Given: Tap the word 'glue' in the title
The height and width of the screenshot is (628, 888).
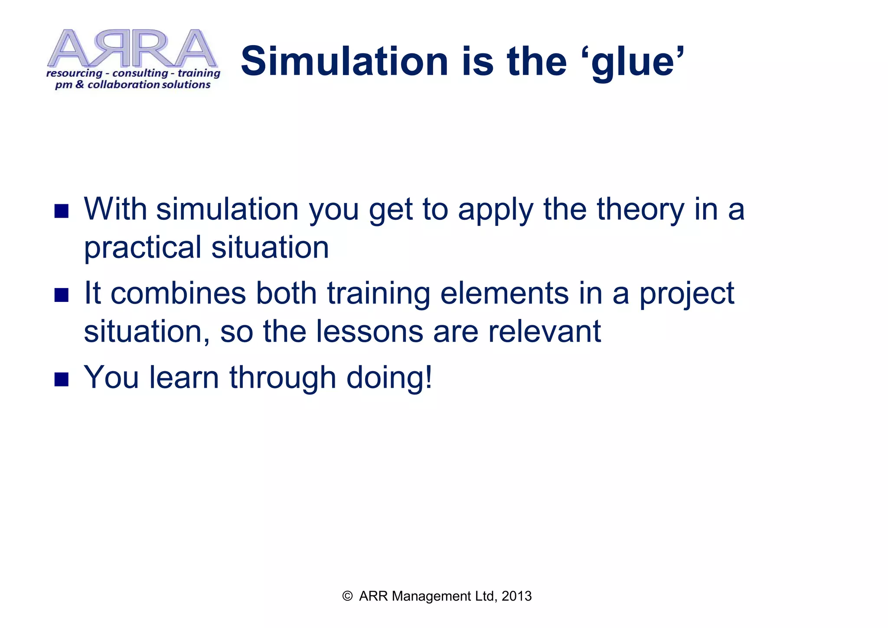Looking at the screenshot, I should click(x=635, y=63).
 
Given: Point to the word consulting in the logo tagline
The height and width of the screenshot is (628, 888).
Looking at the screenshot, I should click(x=140, y=73).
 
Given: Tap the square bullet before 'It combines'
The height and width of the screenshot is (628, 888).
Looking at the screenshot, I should click(x=62, y=295).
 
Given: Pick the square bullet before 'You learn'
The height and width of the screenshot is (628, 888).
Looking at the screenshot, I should click(x=62, y=379).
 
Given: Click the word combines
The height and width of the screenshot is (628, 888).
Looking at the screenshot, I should click(x=178, y=294).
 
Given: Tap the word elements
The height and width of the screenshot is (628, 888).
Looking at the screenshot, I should click(x=504, y=294).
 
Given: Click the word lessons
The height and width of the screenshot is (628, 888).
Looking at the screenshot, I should click(x=369, y=332).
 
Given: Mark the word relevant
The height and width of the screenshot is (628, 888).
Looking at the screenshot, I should click(x=544, y=332).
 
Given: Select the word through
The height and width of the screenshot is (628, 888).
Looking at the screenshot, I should click(x=283, y=378).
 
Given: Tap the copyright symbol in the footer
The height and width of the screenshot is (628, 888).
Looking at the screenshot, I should click(x=347, y=596).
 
